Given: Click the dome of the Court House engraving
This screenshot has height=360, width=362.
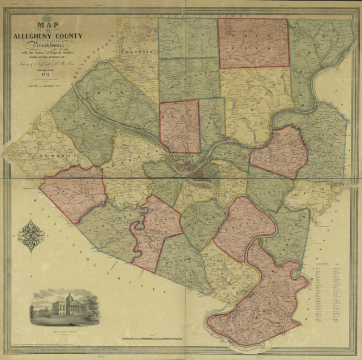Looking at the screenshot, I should (x=68, y=297).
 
